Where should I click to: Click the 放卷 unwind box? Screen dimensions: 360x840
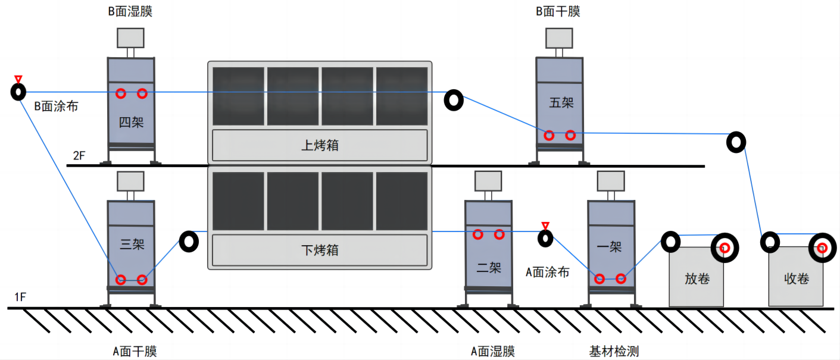[697, 278]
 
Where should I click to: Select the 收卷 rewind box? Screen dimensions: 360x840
[797, 278]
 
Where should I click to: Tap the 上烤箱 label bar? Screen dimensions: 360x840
[320, 145]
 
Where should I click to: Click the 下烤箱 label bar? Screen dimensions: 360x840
[320, 250]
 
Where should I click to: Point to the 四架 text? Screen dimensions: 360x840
[131, 123]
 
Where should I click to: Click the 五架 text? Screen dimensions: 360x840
[561, 102]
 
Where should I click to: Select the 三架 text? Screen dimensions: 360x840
[132, 244]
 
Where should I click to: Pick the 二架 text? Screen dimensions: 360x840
[489, 268]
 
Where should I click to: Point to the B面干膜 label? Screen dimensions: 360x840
[558, 11]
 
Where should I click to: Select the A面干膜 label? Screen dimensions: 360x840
[135, 351]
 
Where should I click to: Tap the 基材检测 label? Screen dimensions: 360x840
[614, 351]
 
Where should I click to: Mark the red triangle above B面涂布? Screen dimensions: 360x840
[18, 79]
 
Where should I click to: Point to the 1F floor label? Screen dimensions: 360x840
[19, 298]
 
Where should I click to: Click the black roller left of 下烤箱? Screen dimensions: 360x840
[189, 242]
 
